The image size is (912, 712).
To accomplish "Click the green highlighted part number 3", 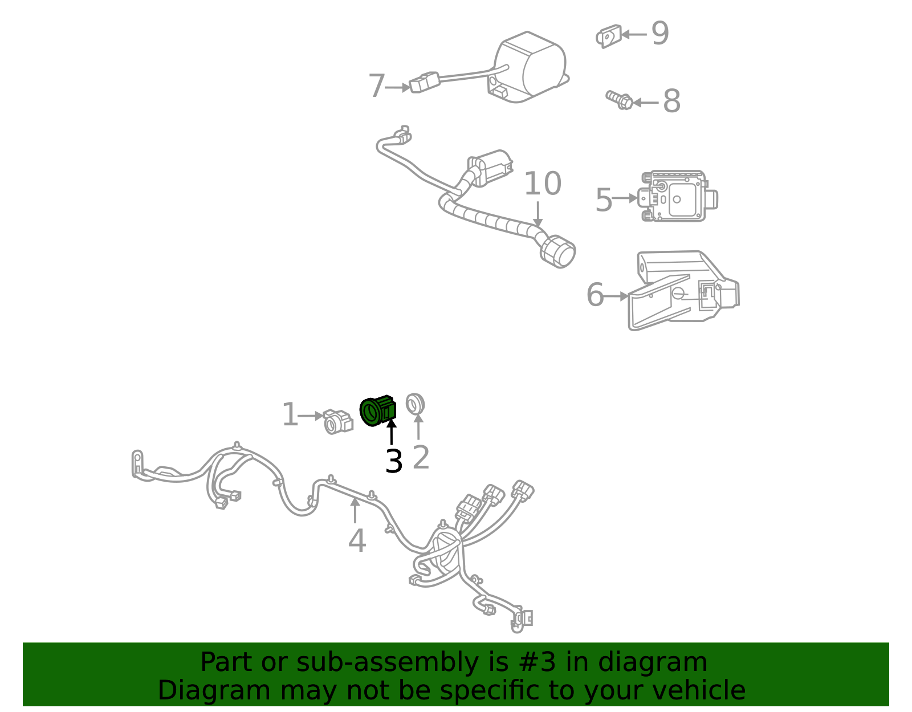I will pos(377,411).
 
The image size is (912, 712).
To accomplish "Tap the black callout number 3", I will pos(394,461).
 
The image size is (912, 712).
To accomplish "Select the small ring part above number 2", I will pos(415,404).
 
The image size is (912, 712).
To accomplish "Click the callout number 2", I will pos(421,457).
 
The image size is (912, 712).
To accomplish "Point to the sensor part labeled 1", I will pos(337,421).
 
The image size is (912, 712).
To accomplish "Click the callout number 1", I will pos(290,415).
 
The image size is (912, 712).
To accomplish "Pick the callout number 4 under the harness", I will pos(357,540).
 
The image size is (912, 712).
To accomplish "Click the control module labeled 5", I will pos(677,196).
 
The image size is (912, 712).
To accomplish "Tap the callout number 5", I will pos(604,200).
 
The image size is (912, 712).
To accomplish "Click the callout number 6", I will pos(595,295).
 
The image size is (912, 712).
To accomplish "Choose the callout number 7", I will pos(377,86).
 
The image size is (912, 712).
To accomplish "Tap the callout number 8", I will pos(671,101).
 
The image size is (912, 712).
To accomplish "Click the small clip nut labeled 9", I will pos(608,36).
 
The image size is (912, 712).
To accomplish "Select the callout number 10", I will pos(542,184).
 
